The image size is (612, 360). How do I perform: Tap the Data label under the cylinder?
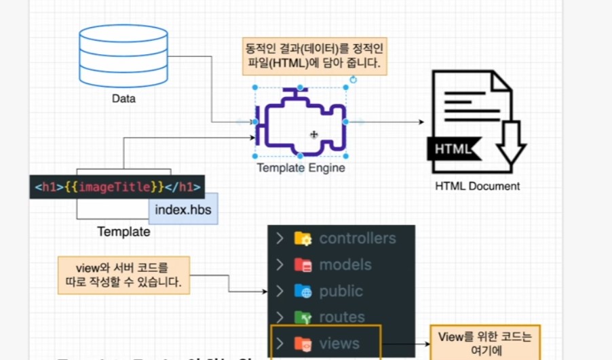[123, 99]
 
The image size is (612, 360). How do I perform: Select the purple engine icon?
[301, 123]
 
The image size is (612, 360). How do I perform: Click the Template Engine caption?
[301, 168]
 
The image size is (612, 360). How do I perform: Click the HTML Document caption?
[478, 186]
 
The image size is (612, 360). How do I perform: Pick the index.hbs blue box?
[183, 209]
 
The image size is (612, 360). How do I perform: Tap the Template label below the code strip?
[123, 232]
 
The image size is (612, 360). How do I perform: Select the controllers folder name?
[358, 239]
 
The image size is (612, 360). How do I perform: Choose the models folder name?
[345, 265]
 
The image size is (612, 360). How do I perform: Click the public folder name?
[341, 292]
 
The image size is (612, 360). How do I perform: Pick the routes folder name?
[342, 317]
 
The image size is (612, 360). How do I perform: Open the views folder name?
[339, 344]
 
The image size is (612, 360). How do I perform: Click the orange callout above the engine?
[315, 56]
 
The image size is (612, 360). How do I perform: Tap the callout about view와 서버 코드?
[123, 275]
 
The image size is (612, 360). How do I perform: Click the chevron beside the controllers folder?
[279, 239]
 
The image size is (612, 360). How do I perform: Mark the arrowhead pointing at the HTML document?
[421, 122]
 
